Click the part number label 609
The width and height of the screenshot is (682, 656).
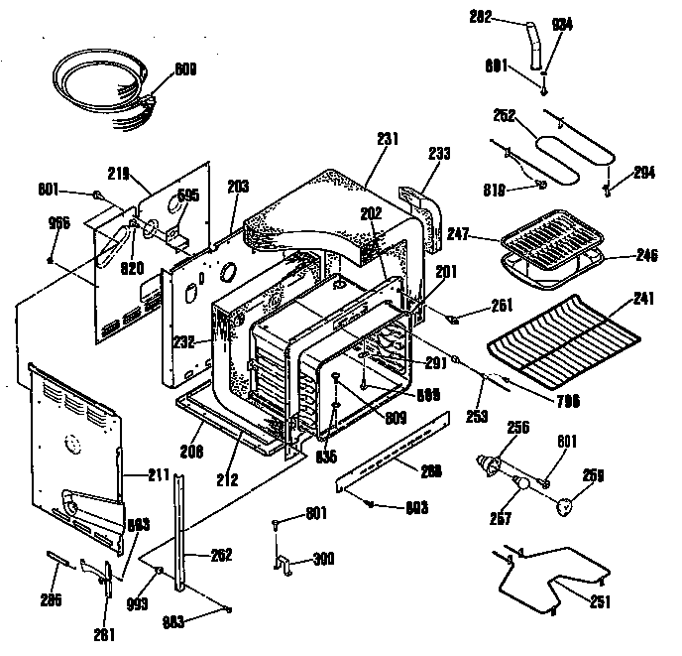[184, 68]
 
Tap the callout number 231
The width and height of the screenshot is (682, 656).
[387, 141]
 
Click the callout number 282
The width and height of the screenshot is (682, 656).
[479, 19]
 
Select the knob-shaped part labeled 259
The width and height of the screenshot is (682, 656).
[564, 506]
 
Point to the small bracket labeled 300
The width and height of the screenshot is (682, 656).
[284, 563]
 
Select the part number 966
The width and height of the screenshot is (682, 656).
[59, 222]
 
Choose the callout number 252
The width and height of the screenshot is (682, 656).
[504, 115]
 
